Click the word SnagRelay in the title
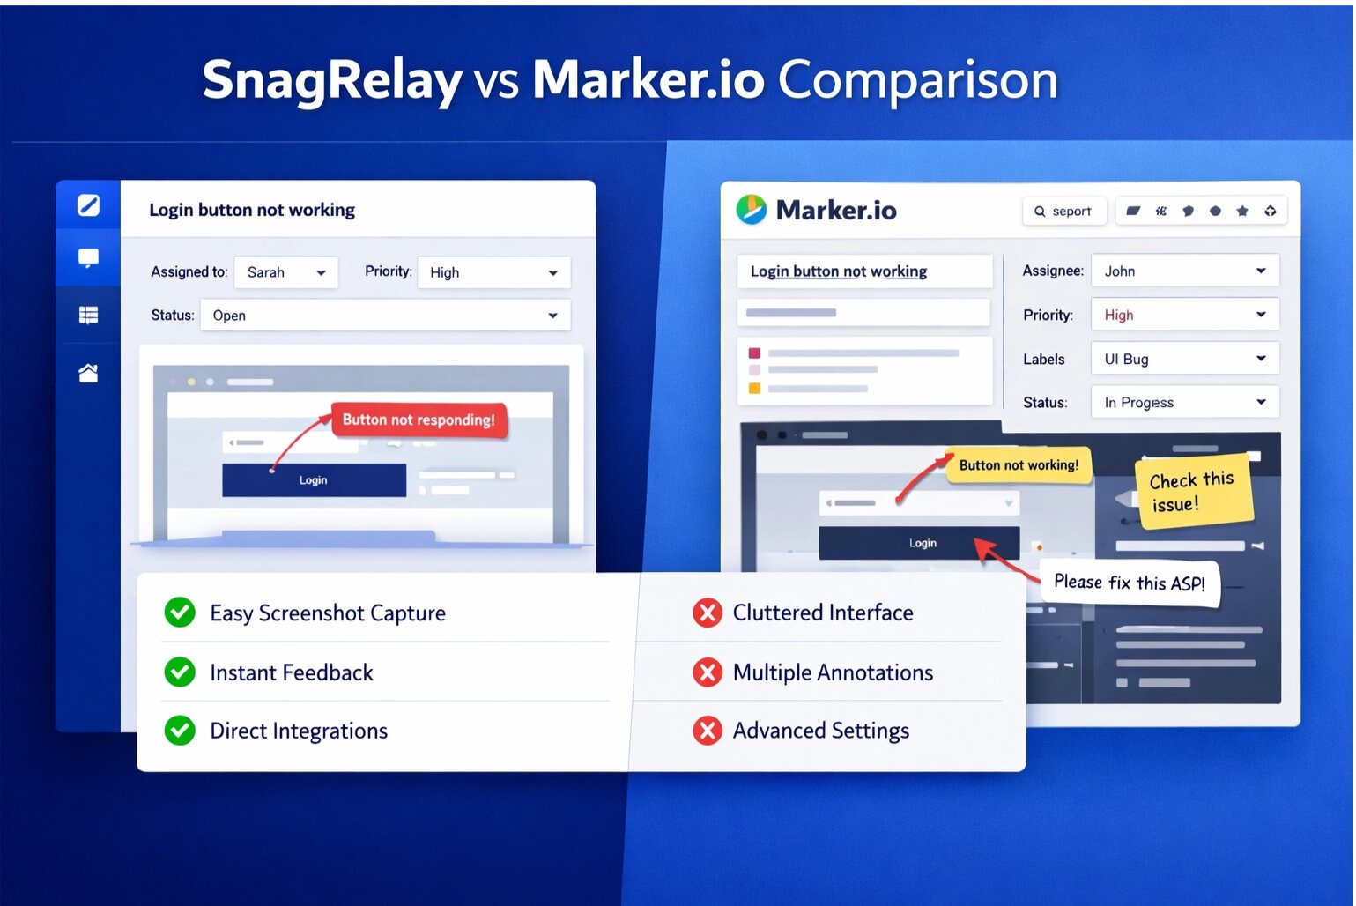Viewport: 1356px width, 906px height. [x=332, y=80]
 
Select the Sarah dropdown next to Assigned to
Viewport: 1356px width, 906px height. [x=285, y=272]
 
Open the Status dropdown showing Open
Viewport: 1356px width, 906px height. [x=385, y=316]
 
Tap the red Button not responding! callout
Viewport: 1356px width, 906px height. [x=419, y=420]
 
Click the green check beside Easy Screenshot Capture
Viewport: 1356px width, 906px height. [x=180, y=613]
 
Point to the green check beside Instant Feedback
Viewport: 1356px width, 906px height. [x=180, y=672]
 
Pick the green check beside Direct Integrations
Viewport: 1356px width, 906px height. [x=180, y=731]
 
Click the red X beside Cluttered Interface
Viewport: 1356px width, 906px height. [x=707, y=613]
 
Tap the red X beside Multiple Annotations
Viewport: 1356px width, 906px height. [x=707, y=672]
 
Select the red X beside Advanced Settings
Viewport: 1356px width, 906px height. [x=707, y=731]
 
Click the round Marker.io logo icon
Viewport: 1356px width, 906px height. [x=752, y=210]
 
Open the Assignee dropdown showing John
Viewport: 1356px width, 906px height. [x=1184, y=271]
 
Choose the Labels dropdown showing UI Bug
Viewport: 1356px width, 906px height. [x=1184, y=359]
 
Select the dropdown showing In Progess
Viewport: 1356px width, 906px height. [x=1184, y=403]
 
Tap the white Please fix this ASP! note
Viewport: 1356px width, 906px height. [x=1130, y=583]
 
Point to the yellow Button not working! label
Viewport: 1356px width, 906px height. [x=1019, y=465]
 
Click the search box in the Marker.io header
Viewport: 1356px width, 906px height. [x=1063, y=212]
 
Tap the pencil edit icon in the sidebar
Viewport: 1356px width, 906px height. [x=88, y=205]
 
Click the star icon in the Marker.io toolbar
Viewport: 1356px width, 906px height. [x=1242, y=212]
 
